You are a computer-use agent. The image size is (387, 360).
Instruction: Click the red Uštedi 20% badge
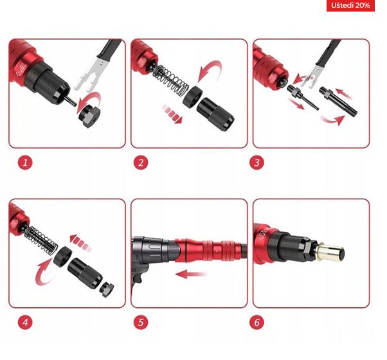point(350,5)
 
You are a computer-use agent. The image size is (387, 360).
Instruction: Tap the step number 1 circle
point(25,163)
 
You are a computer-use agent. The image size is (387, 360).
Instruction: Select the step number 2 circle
point(141,163)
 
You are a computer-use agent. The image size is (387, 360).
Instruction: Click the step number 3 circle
point(256,163)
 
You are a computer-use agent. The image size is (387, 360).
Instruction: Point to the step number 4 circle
point(25,322)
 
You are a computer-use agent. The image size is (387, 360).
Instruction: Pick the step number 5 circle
point(141,322)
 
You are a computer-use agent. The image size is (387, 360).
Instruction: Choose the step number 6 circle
point(256,322)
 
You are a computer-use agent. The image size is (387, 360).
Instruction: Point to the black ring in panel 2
point(193,97)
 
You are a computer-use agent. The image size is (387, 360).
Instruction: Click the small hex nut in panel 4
point(107,290)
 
